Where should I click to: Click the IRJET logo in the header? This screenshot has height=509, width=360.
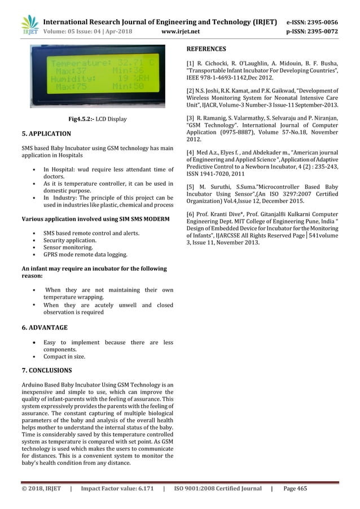29,25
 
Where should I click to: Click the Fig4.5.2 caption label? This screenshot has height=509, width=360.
76,119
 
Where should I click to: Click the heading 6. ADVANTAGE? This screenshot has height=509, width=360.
44,327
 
